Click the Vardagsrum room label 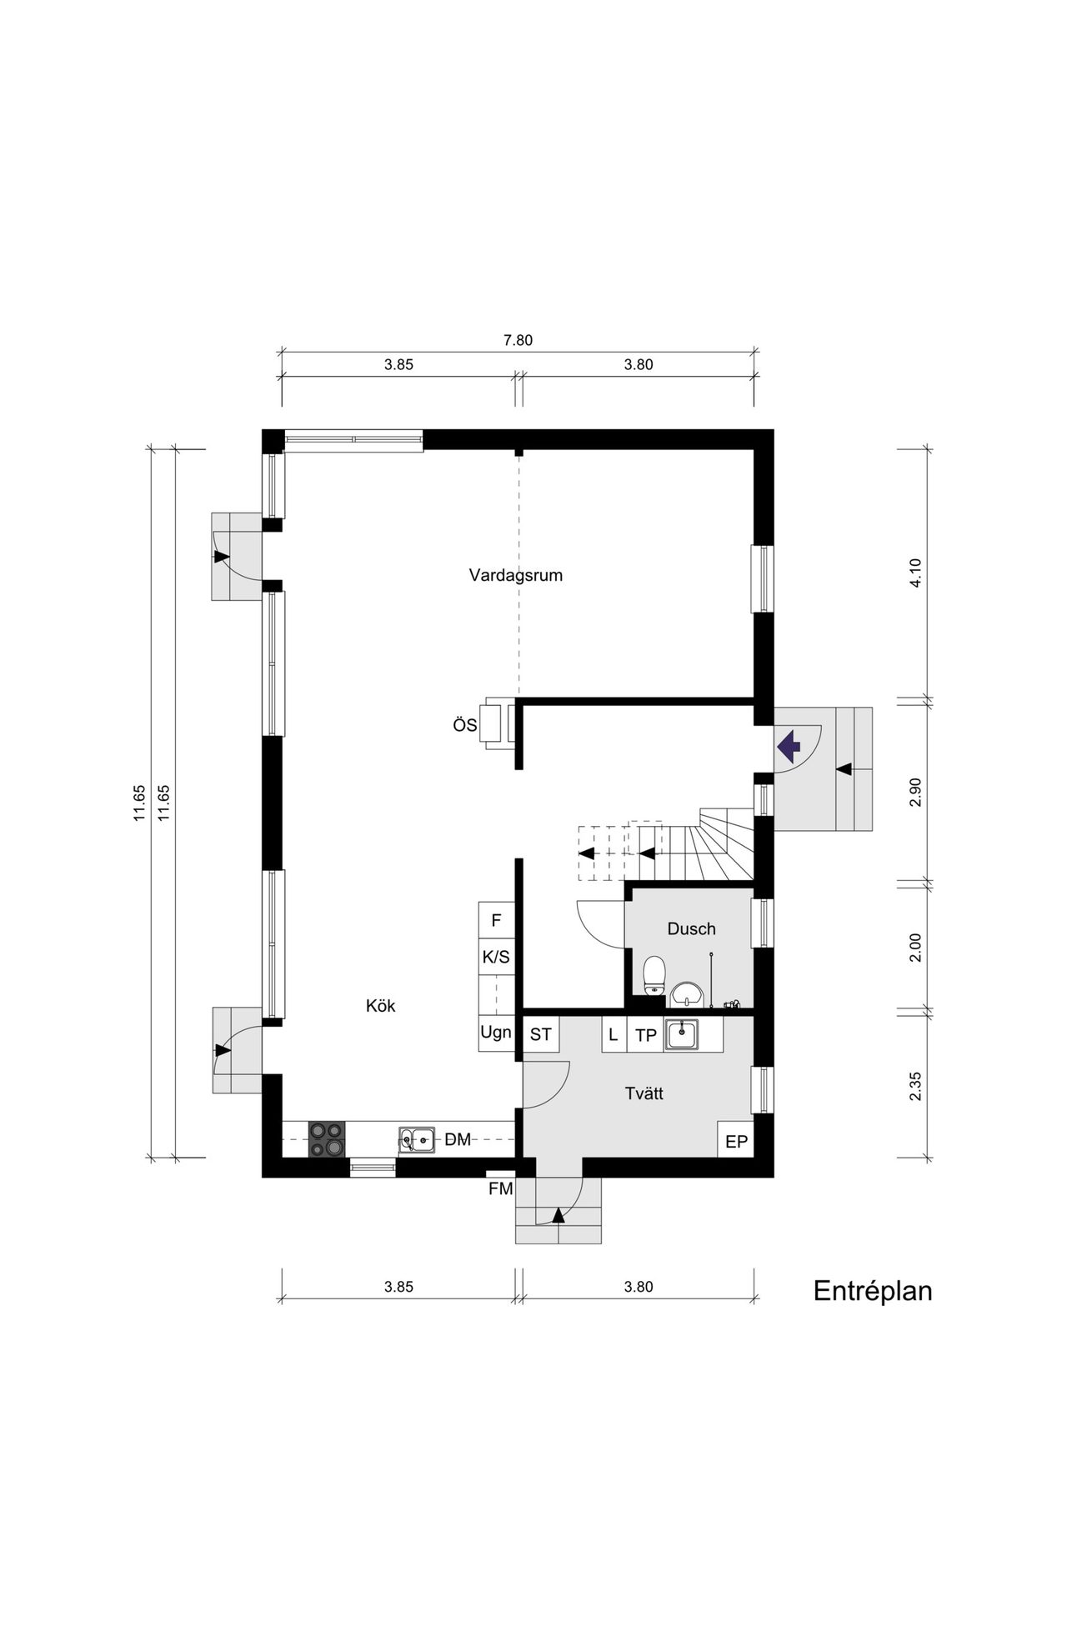coord(515,575)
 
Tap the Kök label coord(380,1006)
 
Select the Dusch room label coord(691,928)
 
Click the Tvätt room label coord(644,1093)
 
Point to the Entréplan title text coord(872,1291)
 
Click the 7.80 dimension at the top coord(518,340)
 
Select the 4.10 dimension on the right coord(915,573)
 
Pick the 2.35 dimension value coord(915,1086)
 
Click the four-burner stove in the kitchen coord(327,1139)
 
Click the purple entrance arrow coord(789,747)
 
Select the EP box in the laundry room coord(736,1142)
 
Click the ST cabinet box coord(540,1035)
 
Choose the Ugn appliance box coord(495,1033)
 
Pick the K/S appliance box coord(495,958)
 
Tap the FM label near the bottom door coord(500,1189)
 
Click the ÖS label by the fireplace coord(465,725)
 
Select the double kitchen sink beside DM coord(416,1139)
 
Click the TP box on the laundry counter coord(645,1035)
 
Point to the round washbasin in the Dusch coord(686,993)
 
